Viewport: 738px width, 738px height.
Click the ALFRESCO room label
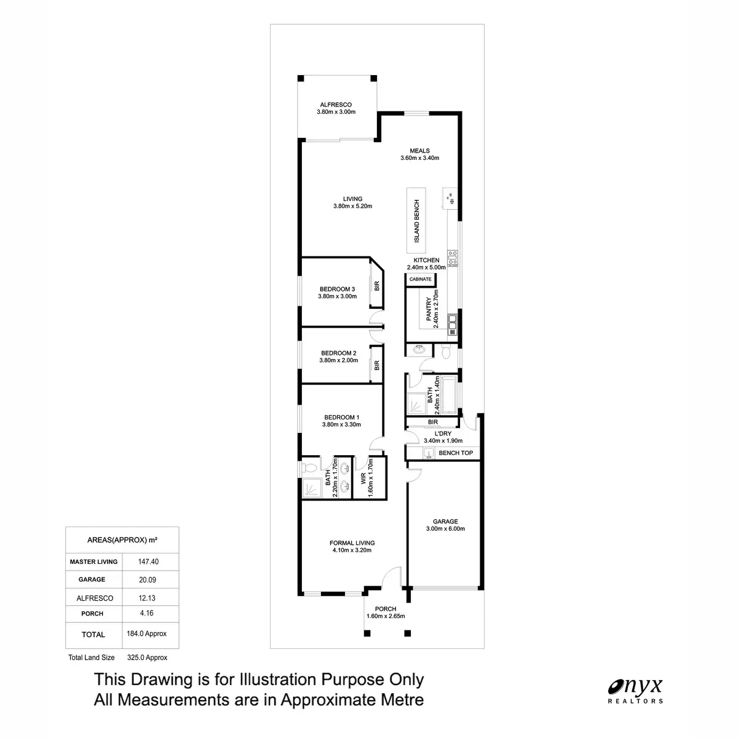click(336, 105)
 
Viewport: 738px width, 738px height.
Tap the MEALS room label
click(420, 151)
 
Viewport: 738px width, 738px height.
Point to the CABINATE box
click(421, 279)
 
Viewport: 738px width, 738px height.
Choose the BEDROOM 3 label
click(337, 289)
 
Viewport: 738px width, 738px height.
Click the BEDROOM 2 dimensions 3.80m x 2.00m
click(338, 361)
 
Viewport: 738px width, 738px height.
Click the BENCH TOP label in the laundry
click(456, 453)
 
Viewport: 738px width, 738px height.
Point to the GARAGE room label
click(445, 522)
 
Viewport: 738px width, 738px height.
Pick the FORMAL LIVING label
click(352, 543)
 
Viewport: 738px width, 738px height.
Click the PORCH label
click(386, 609)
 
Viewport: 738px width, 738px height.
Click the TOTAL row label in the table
click(93, 634)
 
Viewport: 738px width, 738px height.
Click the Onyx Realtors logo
click(636, 689)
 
